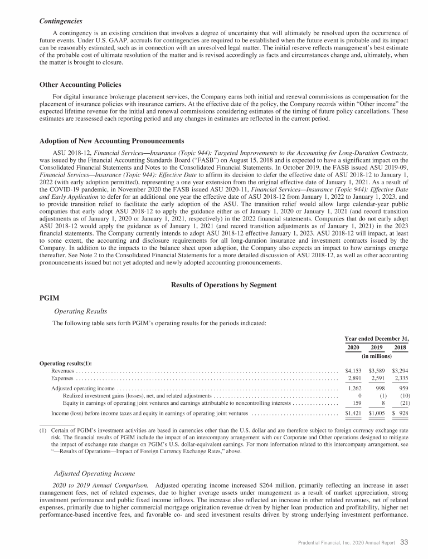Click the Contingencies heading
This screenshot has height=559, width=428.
pos(61,21)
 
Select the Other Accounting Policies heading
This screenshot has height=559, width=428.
pos(80,85)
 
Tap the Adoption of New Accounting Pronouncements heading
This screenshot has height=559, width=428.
pos(111,140)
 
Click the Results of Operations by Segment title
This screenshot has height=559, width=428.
pos(225,285)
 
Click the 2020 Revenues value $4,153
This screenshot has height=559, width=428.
pos(354,370)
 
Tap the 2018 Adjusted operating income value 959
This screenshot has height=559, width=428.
pos(402,388)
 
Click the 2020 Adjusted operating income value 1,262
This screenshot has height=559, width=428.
pos(355,388)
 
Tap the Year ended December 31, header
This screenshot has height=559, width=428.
pos(376,338)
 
